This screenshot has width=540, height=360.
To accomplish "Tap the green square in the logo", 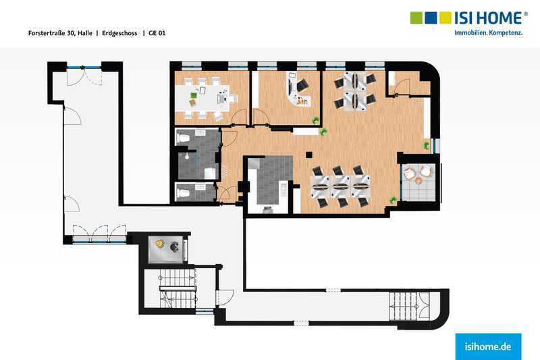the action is click(416, 18).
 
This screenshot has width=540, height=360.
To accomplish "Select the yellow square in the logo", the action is click(446, 18).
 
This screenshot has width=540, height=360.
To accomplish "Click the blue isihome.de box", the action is click(488, 346).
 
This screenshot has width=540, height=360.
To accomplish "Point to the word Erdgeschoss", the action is click(119, 33).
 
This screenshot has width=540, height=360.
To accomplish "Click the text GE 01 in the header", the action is click(157, 33).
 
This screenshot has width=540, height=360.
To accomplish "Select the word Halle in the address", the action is click(85, 33).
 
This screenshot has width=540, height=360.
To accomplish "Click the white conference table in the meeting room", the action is click(203, 98).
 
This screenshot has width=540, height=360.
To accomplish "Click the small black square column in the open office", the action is click(309, 155).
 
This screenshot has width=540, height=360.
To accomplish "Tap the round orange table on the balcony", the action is click(418, 180).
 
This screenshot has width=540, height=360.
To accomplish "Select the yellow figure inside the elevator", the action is click(159, 244).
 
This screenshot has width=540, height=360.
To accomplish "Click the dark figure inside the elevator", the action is click(174, 247).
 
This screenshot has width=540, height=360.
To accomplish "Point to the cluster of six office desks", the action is click(341, 186).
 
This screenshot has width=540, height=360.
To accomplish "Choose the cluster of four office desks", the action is click(354, 91).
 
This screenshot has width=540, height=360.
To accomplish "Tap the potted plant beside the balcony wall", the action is click(393, 200).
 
